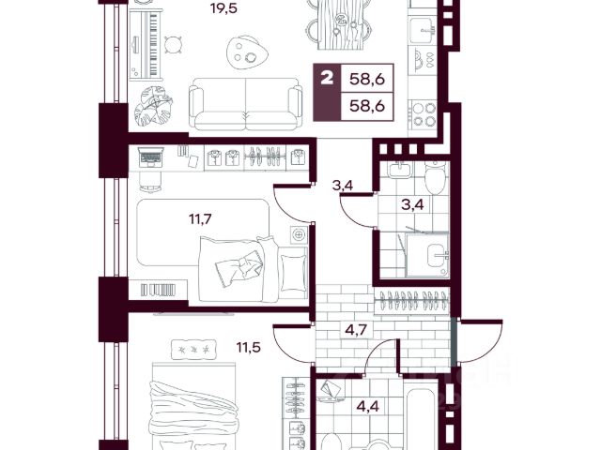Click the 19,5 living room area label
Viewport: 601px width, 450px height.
coord(224,7)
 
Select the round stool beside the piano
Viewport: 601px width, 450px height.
coord(173,44)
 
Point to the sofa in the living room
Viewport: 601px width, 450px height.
coord(245,104)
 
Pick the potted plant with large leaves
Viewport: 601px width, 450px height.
coord(153,106)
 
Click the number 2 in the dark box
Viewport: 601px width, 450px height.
coord(327,79)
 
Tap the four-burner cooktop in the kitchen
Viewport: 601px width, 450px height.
coord(422,114)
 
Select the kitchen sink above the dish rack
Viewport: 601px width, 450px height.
coord(423,31)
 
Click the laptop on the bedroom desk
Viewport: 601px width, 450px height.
coord(150,157)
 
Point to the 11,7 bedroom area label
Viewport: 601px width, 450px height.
coord(200,219)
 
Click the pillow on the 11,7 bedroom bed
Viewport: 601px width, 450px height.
coord(293,270)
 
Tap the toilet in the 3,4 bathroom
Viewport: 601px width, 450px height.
coord(435,178)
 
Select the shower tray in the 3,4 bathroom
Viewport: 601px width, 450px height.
coord(427,255)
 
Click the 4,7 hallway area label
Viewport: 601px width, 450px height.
coord(357,329)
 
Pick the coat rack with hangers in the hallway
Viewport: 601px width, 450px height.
coord(413,300)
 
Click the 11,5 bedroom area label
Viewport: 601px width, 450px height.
coord(248,348)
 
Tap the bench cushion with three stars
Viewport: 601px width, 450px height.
coord(193,350)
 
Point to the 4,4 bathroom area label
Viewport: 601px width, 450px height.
coord(368,406)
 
